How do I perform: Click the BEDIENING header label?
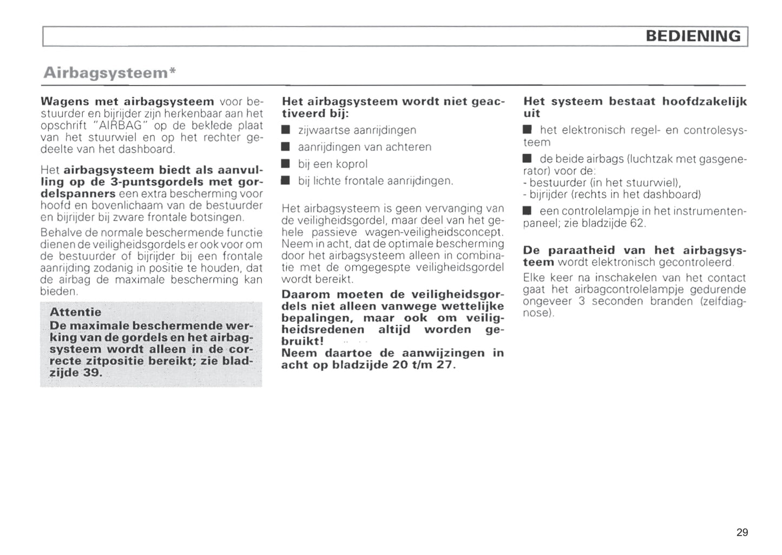(693, 36)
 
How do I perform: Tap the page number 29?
(742, 532)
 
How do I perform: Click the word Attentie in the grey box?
(75, 312)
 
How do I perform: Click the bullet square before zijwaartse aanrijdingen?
(286, 130)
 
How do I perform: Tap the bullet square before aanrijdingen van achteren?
(286, 147)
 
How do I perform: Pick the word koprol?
(351, 164)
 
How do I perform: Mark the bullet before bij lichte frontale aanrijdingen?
(286, 181)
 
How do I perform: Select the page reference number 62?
(636, 223)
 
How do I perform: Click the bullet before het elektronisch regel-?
(528, 130)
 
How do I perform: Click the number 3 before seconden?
(582, 301)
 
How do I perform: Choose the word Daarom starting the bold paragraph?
(306, 295)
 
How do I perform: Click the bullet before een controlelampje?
(528, 211)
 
